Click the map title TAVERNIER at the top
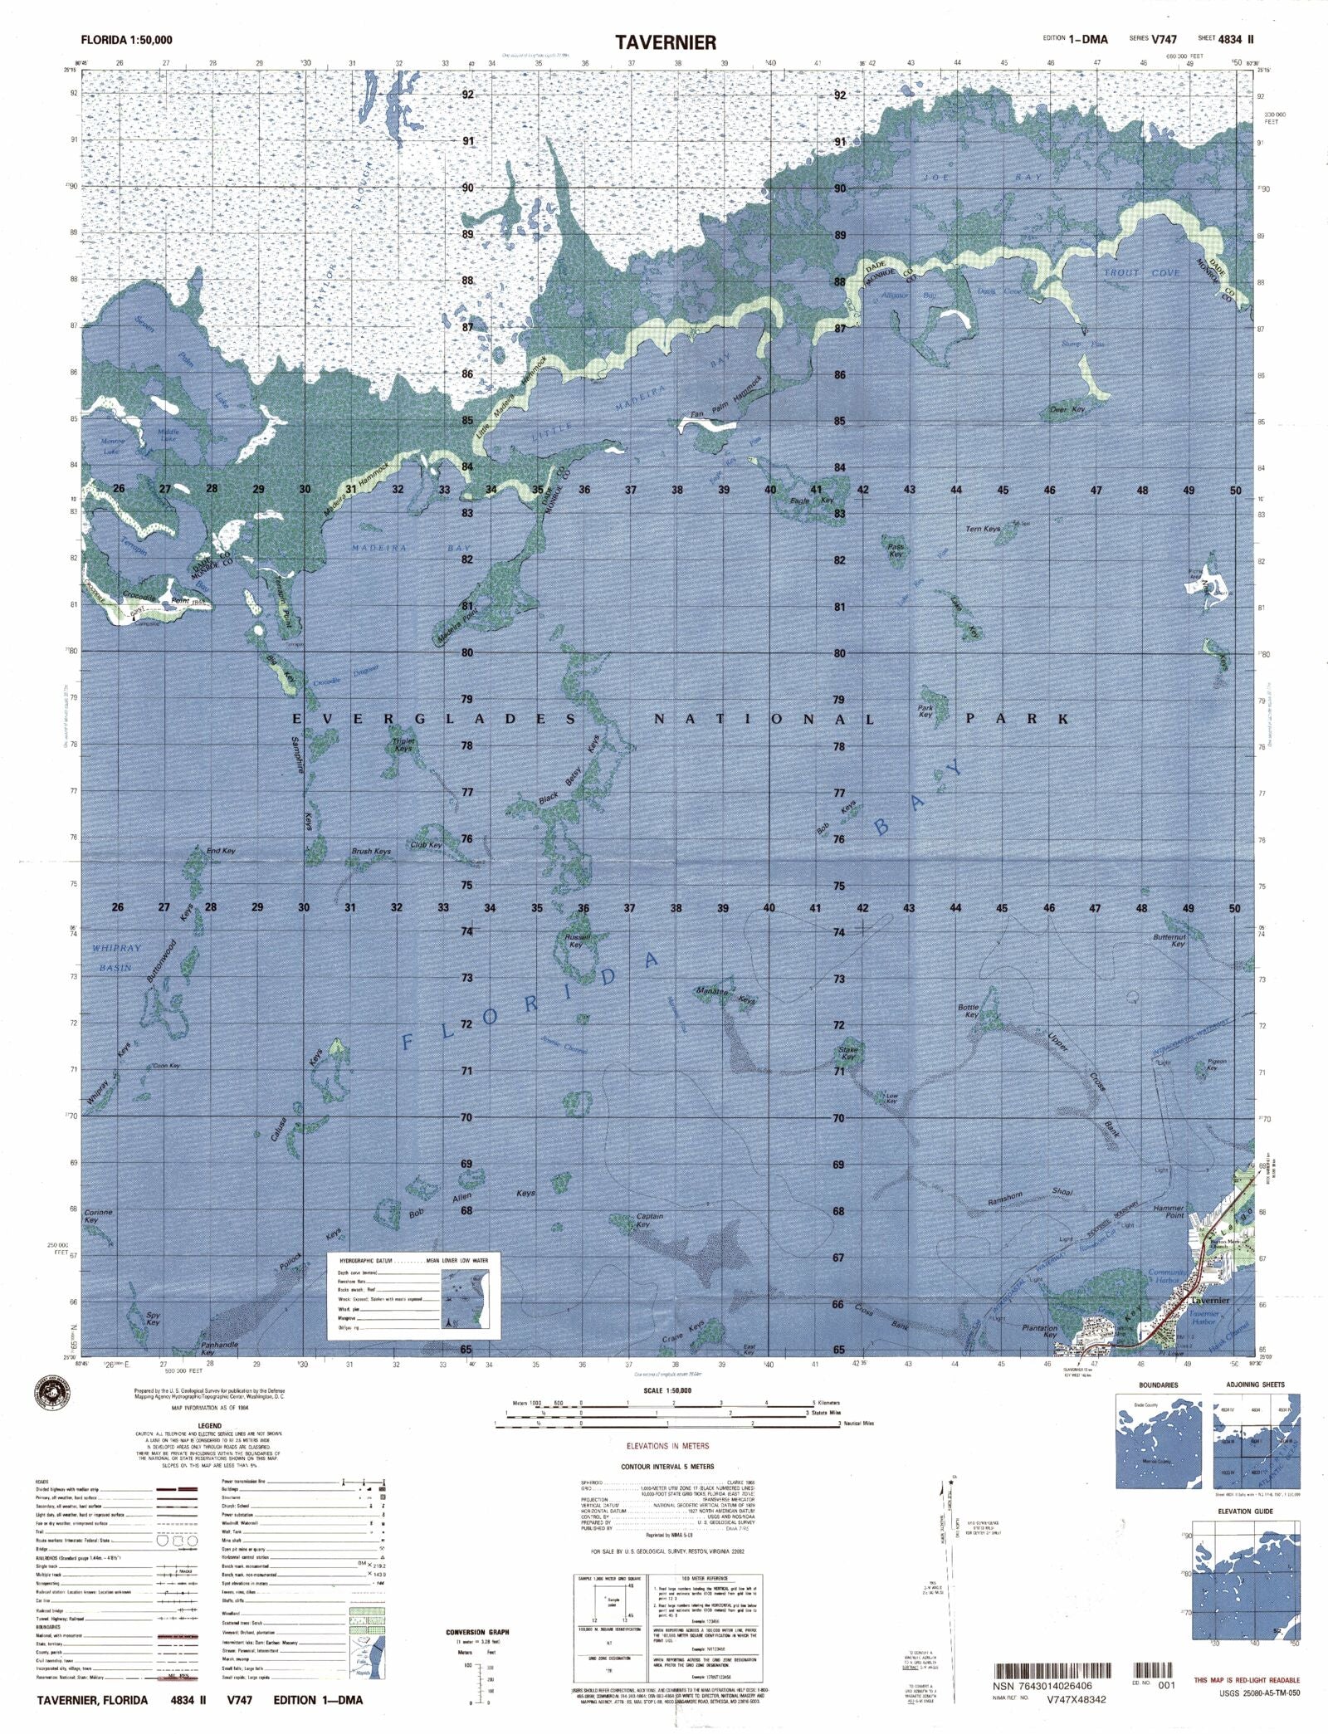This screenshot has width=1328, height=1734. (x=665, y=42)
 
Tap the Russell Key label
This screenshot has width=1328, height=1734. (x=577, y=940)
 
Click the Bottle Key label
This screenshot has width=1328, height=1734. (x=969, y=1011)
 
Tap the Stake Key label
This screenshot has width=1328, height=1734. (x=848, y=1053)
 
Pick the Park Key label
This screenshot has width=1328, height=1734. (x=925, y=711)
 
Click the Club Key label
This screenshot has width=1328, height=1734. (x=426, y=845)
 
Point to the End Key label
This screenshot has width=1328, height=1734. (x=221, y=851)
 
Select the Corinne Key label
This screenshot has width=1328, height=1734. (x=98, y=1216)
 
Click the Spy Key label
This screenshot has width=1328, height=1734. (x=153, y=1318)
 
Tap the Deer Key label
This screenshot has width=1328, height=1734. (x=1067, y=410)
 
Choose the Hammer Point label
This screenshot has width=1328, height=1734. (x=1169, y=1212)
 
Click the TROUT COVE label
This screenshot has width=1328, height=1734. (x=1141, y=272)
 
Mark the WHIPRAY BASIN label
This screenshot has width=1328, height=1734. (x=116, y=957)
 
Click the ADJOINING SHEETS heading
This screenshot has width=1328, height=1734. (x=1255, y=1385)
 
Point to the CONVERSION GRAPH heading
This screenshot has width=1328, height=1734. (x=477, y=1631)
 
